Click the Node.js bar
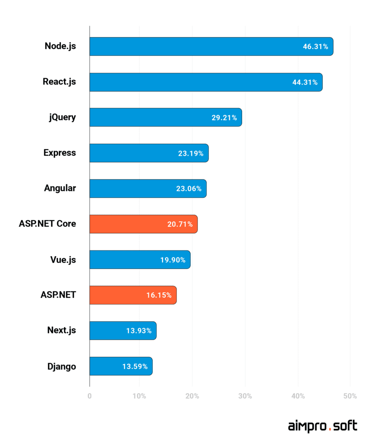(x=211, y=47)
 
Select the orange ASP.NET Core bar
(x=143, y=224)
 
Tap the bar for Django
(x=121, y=366)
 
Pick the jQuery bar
(x=165, y=118)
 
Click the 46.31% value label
(x=315, y=47)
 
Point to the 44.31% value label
(x=305, y=82)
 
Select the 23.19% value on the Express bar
(x=191, y=153)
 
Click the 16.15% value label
(x=159, y=295)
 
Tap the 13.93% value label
(x=139, y=331)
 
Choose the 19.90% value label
(x=173, y=260)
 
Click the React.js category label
(x=59, y=81)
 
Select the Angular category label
(x=60, y=188)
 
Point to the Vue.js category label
(x=63, y=260)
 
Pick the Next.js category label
(x=62, y=330)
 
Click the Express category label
(x=60, y=153)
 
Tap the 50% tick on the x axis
(x=350, y=396)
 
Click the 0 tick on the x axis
(x=89, y=396)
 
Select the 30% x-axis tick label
(x=245, y=396)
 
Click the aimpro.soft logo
(x=322, y=426)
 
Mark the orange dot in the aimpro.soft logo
(x=330, y=430)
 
